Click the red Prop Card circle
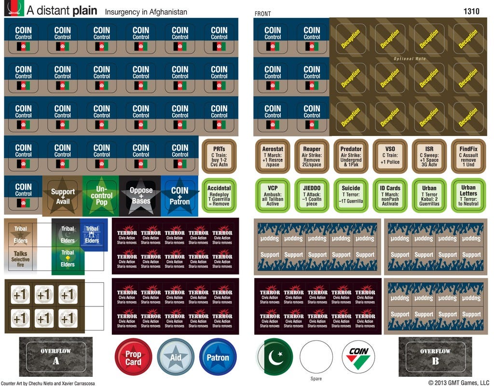[134, 358]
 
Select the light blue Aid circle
[176, 358]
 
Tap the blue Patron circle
[218, 358]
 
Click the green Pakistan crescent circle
[274, 357]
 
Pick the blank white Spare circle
[316, 357]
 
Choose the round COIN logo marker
[358, 357]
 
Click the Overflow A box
[56, 356]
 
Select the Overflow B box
[435, 356]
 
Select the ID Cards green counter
[390, 195]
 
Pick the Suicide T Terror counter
[351, 195]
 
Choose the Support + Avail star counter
[63, 195]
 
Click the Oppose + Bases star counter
[141, 195]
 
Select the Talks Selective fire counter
[21, 257]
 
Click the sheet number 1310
[471, 11]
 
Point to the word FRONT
[263, 14]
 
